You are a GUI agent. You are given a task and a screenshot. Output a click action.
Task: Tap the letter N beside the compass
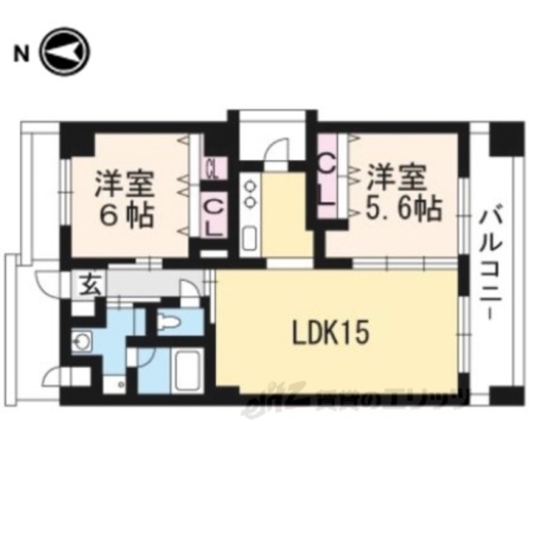point(19,56)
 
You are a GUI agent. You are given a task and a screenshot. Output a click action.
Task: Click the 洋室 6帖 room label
point(123,199)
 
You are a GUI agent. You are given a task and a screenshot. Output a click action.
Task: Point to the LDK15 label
point(329,334)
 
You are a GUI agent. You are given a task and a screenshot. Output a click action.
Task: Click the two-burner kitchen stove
point(249,194)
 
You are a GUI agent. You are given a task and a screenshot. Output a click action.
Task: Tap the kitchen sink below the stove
point(249,236)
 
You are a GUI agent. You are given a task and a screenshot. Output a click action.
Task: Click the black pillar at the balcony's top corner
point(505,139)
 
